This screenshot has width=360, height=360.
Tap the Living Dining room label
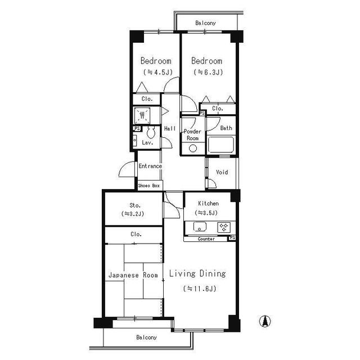coord(197,274)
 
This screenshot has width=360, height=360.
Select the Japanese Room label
coord(133,275)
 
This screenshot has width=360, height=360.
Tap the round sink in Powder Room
coord(193,148)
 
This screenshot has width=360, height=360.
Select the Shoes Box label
coord(149,185)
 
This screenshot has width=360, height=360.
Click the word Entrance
coord(150,166)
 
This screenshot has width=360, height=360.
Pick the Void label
coord(222,172)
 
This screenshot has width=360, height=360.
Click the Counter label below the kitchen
coord(206,239)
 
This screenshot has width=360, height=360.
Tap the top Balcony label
coord(205,23)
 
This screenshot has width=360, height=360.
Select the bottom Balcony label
coord(146,337)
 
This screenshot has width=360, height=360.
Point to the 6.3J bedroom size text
coord(208,73)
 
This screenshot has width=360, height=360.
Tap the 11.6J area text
coord(200,289)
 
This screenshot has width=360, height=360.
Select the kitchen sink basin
coord(200,227)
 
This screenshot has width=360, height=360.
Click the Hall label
coord(170,129)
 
